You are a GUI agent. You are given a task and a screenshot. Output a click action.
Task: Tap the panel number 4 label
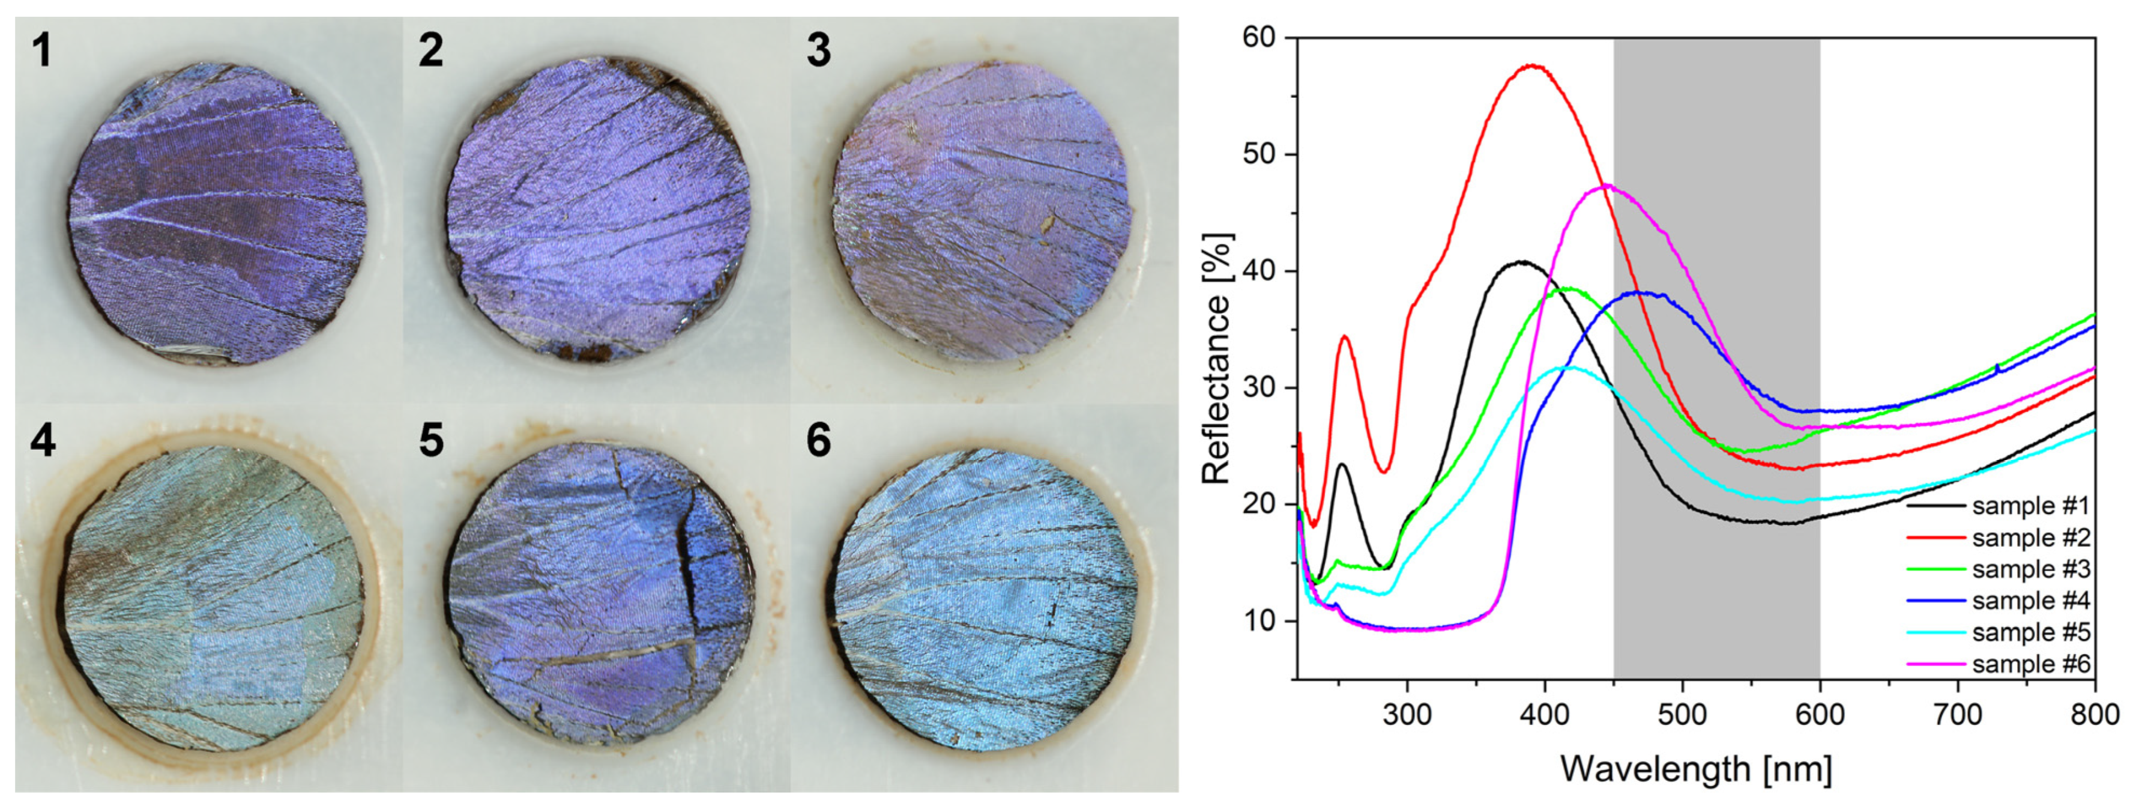point(43,440)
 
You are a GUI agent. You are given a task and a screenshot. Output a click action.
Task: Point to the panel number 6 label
point(818,440)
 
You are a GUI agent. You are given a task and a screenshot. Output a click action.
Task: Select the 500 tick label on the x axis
point(1682,714)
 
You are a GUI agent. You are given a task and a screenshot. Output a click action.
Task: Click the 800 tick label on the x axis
point(2095,714)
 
